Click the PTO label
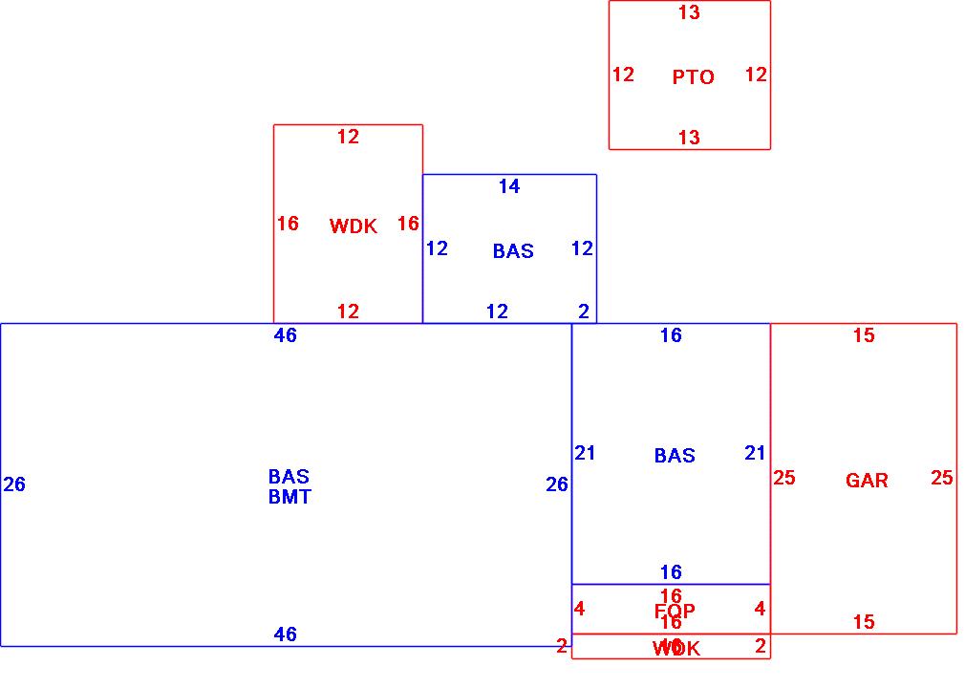pos(693,77)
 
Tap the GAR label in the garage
pos(867,481)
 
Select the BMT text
pos(289,497)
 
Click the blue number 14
pos(509,186)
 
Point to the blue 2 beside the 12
pos(584,311)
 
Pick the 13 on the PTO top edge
pos(689,12)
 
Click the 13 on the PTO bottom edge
pos(689,138)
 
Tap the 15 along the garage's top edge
pos(864,335)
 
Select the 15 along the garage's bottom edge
pos(864,622)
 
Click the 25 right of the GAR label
pos(942,478)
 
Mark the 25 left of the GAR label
pos(784,478)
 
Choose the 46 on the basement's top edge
pos(285,335)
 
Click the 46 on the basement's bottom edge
pos(285,634)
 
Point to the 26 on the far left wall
pos(14,484)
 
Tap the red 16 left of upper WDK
pos(288,224)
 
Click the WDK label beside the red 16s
pos(354,226)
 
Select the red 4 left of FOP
pos(580,609)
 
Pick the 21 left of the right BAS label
pos(586,453)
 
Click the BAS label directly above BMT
pos(289,476)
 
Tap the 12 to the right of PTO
pos(756,74)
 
